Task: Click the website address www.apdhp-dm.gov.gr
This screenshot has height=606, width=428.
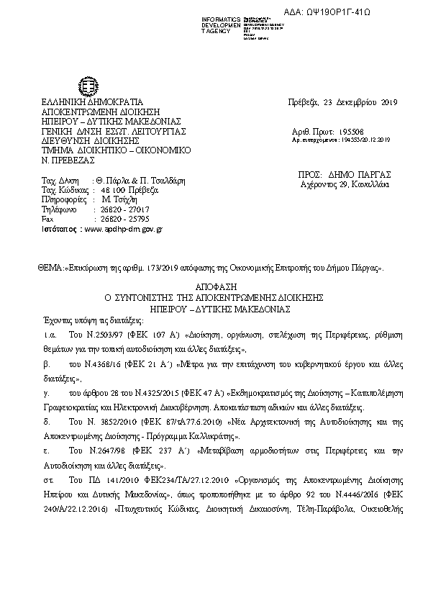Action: point(124,228)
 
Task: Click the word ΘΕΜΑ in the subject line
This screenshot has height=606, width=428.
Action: point(50,268)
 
